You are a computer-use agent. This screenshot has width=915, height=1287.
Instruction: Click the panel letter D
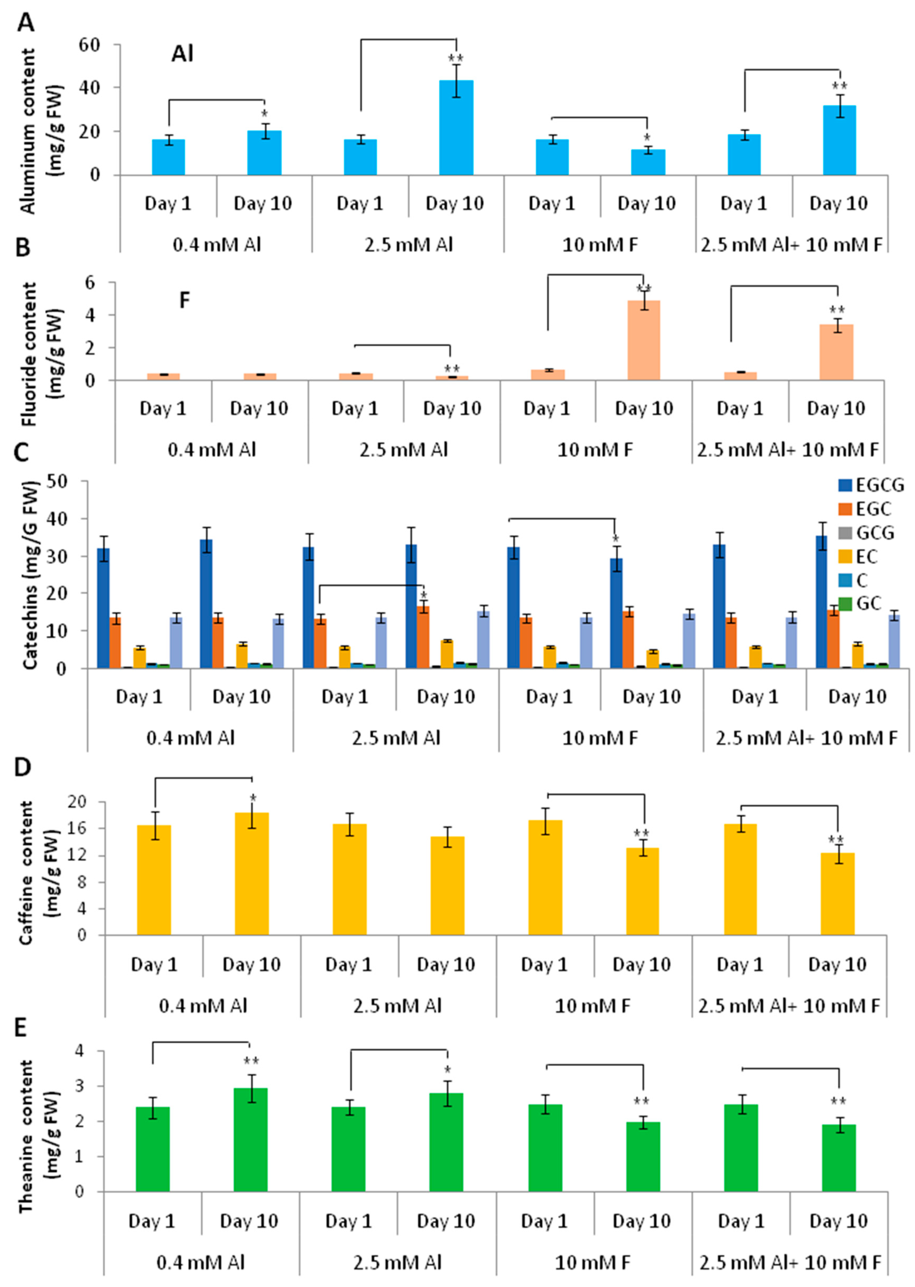click(x=22, y=768)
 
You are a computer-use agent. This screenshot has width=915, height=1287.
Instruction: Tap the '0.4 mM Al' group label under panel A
click(x=216, y=245)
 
